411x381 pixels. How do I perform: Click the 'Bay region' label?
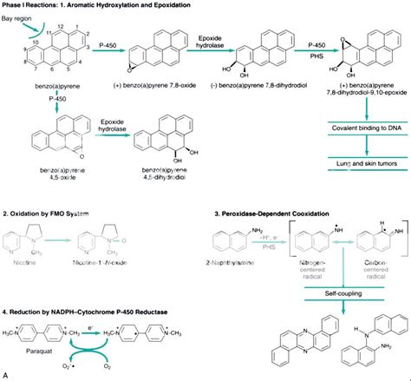coord(18,16)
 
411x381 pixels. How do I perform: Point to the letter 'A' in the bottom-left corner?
coord(6,374)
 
